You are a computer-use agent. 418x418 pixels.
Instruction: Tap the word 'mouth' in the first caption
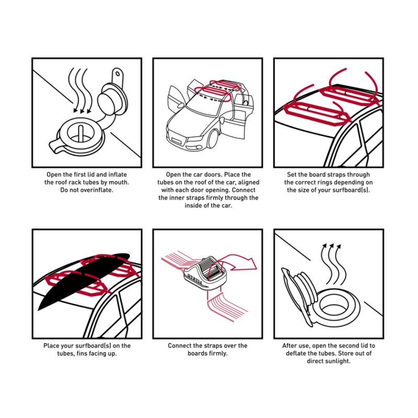[x=117, y=182]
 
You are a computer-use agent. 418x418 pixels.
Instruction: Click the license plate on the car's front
[x=177, y=140]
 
